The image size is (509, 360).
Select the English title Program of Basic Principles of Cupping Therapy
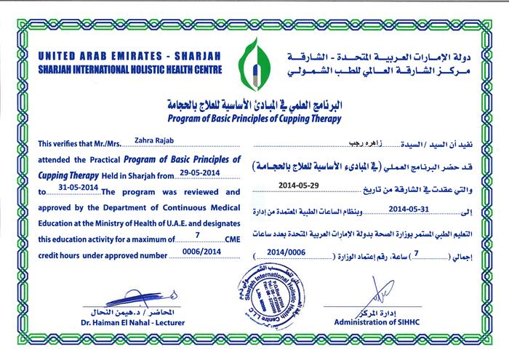(254, 113)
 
